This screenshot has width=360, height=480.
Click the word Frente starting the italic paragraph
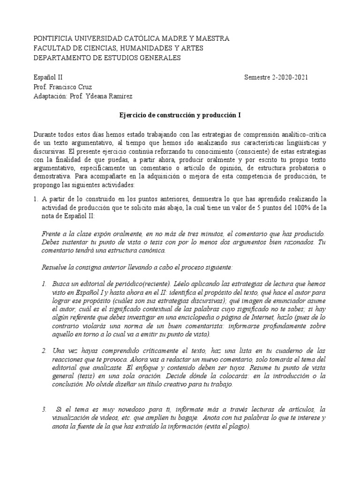(x=52, y=233)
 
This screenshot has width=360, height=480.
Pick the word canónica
(x=151, y=250)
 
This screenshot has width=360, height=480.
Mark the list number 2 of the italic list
(x=43, y=351)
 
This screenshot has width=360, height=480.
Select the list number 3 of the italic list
(x=43, y=409)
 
